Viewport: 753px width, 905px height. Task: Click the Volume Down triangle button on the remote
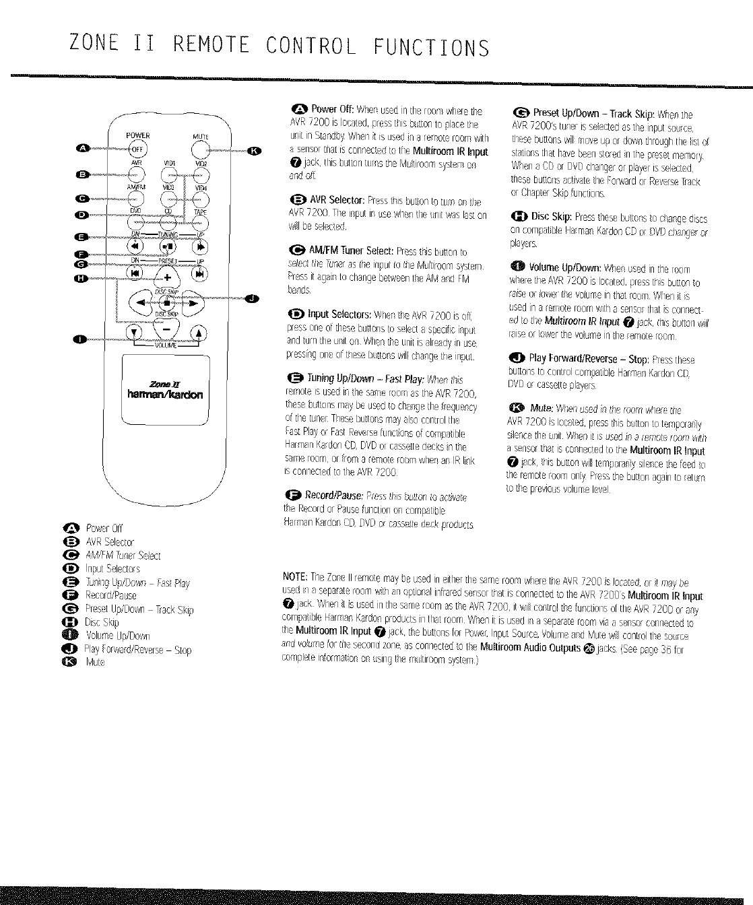pyautogui.click(x=137, y=332)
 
